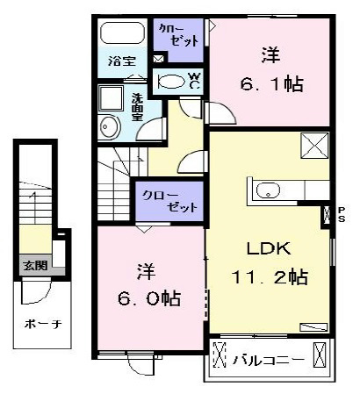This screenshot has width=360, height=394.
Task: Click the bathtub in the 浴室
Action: click(x=123, y=32)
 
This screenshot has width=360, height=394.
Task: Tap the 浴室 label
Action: click(x=122, y=61)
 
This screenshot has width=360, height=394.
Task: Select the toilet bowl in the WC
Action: click(x=171, y=82)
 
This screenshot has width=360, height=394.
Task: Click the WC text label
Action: click(x=195, y=81)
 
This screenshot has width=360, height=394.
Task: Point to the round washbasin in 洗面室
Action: click(x=109, y=127)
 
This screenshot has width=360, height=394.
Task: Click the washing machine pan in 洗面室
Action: click(x=111, y=98)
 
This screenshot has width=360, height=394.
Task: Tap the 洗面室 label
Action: click(x=137, y=107)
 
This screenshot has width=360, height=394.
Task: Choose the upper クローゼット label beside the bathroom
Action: click(x=179, y=35)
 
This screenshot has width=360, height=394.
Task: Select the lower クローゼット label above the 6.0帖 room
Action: click(x=170, y=201)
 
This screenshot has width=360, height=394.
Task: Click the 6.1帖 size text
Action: click(x=271, y=84)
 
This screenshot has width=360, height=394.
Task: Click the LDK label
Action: click(x=269, y=248)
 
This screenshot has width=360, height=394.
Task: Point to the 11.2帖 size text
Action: click(x=270, y=276)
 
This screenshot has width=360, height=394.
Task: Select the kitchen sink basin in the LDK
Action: click(x=268, y=190)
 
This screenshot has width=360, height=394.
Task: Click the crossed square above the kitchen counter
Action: click(x=314, y=146)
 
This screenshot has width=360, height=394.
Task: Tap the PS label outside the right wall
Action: click(x=342, y=214)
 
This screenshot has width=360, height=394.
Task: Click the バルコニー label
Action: click(x=269, y=360)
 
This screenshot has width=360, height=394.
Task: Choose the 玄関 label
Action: click(x=35, y=266)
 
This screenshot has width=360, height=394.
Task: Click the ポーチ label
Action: click(x=43, y=324)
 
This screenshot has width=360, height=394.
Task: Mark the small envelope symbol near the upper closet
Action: click(x=158, y=59)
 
